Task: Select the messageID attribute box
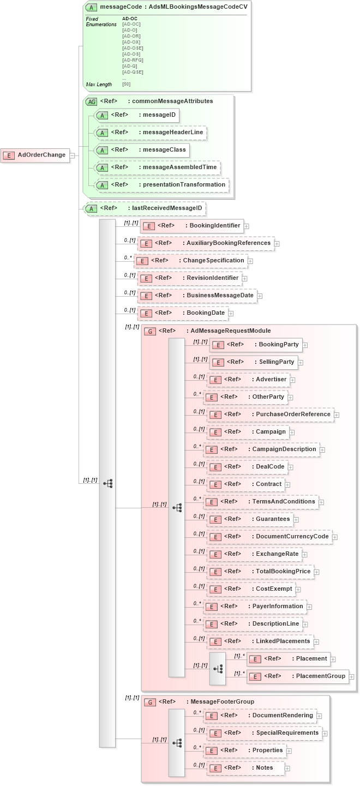coord(137,115)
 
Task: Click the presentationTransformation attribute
coord(161,185)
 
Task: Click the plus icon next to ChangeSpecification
coord(250,261)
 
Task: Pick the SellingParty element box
coord(253,362)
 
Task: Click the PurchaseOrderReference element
coord(270,415)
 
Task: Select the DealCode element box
coord(248,467)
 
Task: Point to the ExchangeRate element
coord(254,554)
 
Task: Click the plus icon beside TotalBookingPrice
coord(316,572)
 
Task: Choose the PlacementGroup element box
coord(297,676)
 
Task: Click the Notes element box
coord(246,768)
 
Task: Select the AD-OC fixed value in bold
coord(130,19)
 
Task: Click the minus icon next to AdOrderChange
coord(72,155)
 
